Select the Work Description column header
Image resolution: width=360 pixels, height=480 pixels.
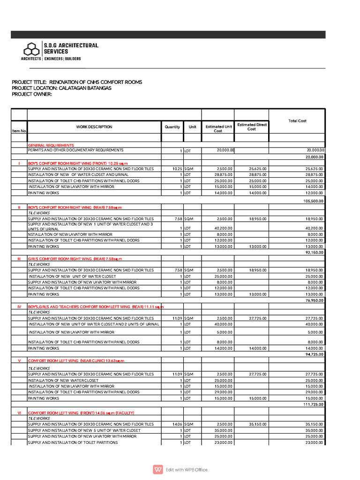click(94, 127)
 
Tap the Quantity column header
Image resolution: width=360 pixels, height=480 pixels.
click(172, 127)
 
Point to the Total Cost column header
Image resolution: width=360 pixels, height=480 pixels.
click(297, 121)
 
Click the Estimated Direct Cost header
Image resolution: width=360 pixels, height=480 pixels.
click(251, 127)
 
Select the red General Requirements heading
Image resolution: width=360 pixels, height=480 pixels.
click(51, 145)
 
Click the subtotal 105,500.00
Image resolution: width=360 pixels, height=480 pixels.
click(314, 201)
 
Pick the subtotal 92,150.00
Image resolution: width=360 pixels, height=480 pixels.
click(315, 252)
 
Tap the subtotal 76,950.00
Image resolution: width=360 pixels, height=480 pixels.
click(315, 300)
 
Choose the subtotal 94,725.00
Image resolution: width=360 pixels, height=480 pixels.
click(315, 354)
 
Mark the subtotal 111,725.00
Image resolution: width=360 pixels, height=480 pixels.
click(314, 404)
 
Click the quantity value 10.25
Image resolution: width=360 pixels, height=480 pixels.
click(177, 168)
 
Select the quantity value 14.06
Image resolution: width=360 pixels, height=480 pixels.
click(177, 424)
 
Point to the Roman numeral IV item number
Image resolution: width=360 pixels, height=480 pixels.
click(19, 307)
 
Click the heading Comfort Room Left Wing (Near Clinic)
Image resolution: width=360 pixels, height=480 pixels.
click(76, 360)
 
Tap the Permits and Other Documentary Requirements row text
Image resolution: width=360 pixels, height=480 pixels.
click(75, 150)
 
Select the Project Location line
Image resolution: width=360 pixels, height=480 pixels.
click(61, 88)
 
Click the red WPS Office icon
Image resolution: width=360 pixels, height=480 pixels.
click(157, 469)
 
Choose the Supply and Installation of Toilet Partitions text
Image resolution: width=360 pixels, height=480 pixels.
click(73, 442)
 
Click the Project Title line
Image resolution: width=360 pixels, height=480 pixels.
click(77, 82)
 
